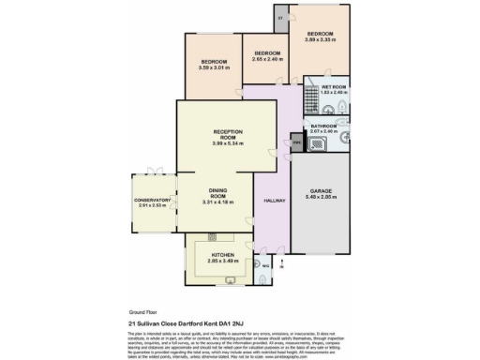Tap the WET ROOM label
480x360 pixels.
334,86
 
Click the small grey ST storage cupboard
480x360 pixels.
281,16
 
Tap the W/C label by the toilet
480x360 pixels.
265,265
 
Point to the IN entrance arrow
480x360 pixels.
281,265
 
